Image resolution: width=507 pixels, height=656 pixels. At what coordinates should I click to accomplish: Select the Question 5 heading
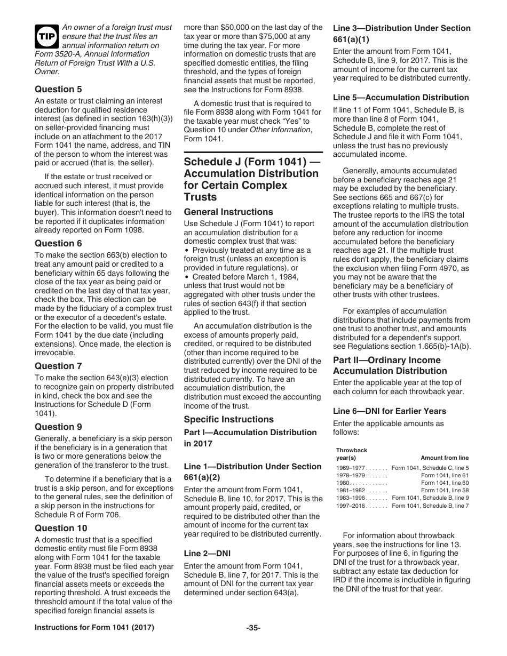tap(58, 89)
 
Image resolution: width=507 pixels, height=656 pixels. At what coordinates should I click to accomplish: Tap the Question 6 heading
tap(58, 243)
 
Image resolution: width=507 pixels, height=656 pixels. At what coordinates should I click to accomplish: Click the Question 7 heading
tap(58, 366)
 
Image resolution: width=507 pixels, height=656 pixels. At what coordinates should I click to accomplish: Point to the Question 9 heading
tap(58, 427)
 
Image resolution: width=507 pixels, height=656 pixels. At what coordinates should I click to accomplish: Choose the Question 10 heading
tap(61, 528)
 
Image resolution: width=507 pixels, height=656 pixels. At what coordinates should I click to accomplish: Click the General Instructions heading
tap(228, 212)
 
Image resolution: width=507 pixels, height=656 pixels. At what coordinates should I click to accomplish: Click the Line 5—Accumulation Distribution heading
tap(401, 98)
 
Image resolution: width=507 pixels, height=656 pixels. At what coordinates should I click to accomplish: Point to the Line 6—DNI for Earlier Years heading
tap(390, 411)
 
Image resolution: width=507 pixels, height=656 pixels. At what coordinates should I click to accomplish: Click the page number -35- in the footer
tap(253, 643)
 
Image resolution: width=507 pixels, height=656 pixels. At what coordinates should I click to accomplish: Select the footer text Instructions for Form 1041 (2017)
tap(94, 643)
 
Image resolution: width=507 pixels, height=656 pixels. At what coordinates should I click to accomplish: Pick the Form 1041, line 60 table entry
tap(445, 483)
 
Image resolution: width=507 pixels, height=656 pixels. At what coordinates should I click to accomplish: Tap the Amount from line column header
tap(445, 458)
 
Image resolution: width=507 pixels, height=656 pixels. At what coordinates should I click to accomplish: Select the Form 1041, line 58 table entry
tap(445, 490)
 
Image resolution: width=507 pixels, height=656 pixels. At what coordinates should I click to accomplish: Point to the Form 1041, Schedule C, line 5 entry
tap(430, 468)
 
